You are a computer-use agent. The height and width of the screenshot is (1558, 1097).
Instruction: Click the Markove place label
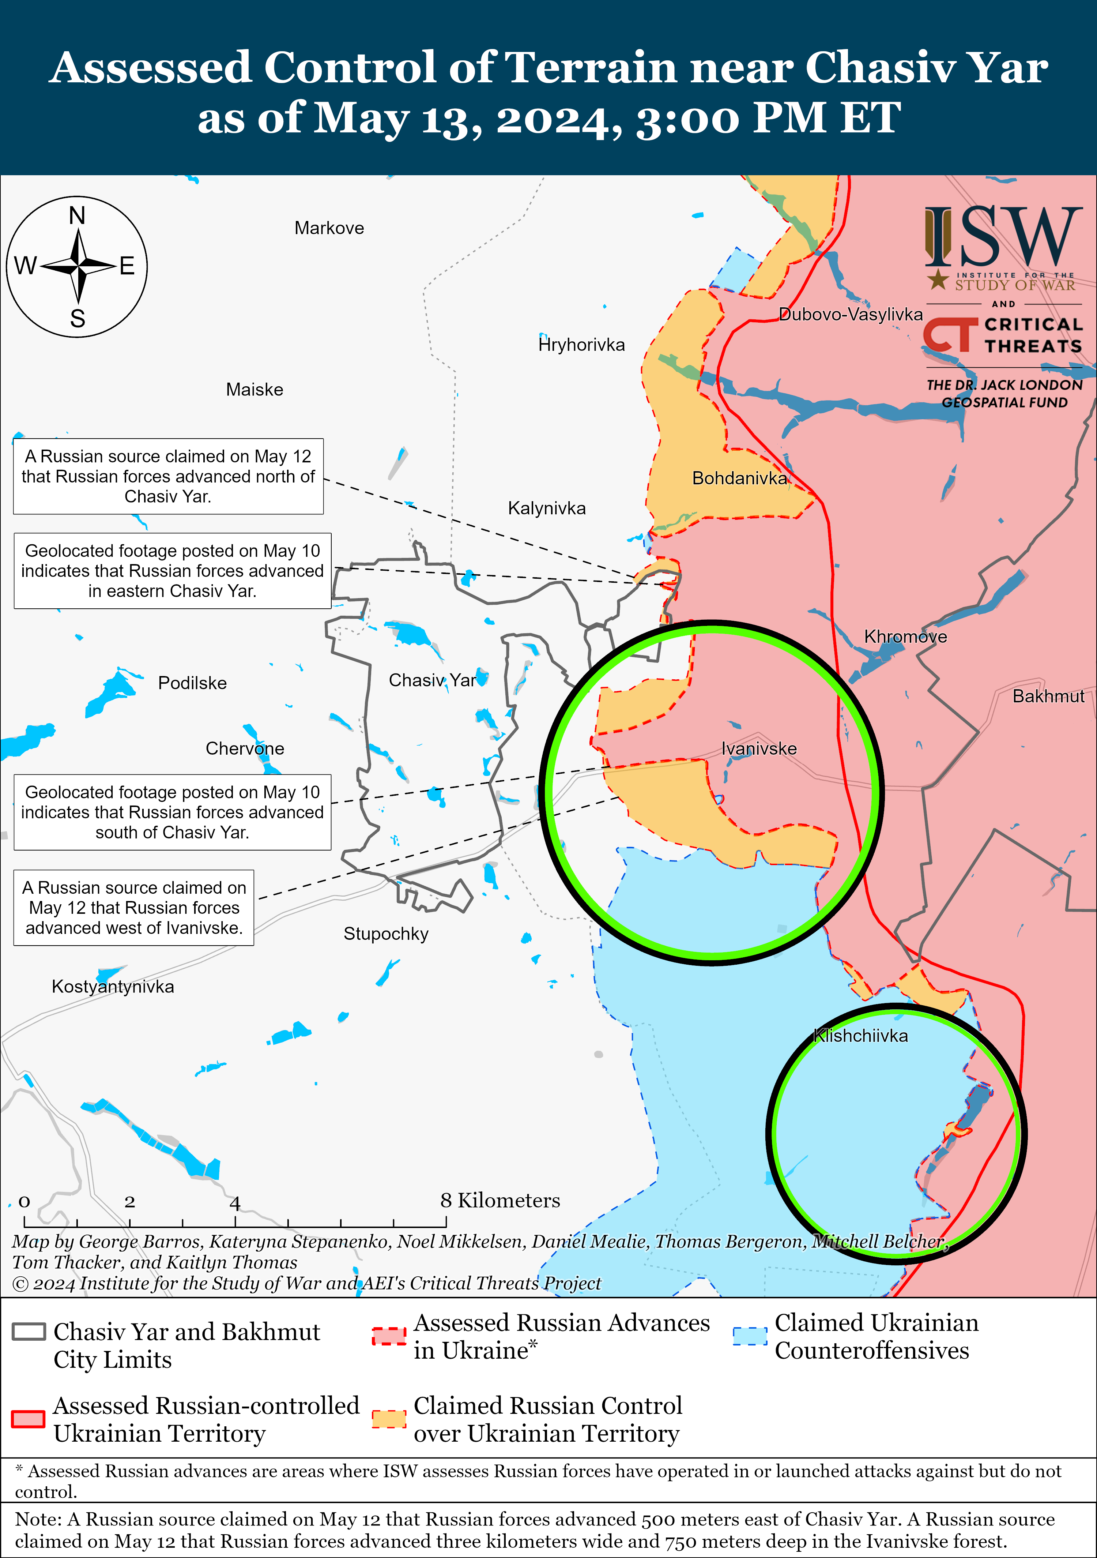[329, 228]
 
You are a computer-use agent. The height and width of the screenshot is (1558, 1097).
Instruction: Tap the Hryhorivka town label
[581, 345]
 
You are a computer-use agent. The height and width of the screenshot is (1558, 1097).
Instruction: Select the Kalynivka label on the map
[547, 508]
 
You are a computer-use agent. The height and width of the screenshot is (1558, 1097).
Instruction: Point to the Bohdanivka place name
[739, 478]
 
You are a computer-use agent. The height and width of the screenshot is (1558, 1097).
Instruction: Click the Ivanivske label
[758, 748]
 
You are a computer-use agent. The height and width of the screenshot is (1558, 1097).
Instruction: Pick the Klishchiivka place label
[860, 1036]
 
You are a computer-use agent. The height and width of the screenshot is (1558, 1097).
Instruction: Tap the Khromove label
[905, 637]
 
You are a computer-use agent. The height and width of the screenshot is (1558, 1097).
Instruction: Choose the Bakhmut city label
[1048, 696]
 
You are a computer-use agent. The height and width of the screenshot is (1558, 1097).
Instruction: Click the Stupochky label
[386, 934]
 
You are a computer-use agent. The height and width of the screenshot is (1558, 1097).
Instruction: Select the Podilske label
[193, 683]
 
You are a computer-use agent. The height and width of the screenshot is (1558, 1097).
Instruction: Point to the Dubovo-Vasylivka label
[851, 314]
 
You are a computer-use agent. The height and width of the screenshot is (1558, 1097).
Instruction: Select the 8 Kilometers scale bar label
[500, 1200]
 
